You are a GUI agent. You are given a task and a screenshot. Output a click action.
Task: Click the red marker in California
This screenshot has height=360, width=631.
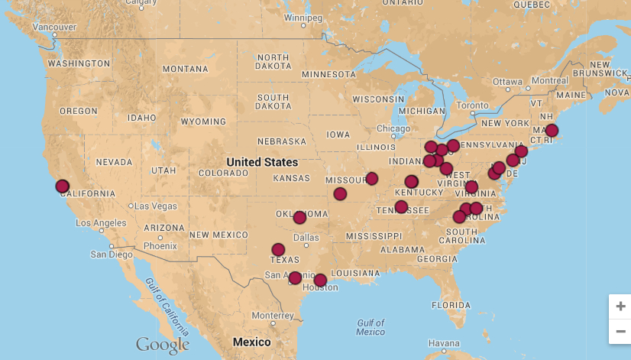pyautogui.click(x=63, y=186)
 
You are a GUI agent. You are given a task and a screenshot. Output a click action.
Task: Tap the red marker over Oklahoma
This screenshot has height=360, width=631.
pyautogui.click(x=299, y=218)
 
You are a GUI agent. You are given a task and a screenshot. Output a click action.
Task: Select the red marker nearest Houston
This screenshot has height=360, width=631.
pyautogui.click(x=320, y=281)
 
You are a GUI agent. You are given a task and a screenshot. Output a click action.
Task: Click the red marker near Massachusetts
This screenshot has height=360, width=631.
pyautogui.click(x=552, y=131)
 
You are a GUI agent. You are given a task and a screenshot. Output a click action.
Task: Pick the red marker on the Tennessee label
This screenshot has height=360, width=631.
pyautogui.click(x=401, y=207)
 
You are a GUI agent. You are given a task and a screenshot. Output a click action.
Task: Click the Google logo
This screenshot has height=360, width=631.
pyautogui.click(x=162, y=345)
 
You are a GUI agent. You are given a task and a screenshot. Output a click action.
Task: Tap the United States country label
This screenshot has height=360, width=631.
pyautogui.click(x=262, y=162)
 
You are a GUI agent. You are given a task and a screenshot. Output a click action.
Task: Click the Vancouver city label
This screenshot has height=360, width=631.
pyautogui.click(x=54, y=27)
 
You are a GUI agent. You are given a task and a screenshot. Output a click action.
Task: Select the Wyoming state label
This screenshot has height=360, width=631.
pyautogui.click(x=202, y=122)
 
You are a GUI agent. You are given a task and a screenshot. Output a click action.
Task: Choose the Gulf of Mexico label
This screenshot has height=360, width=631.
pyautogui.click(x=371, y=327)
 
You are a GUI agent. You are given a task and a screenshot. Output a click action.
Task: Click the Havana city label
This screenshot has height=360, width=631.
pyautogui.click(x=444, y=342)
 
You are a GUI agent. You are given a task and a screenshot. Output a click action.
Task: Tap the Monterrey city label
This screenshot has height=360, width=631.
pyautogui.click(x=273, y=316)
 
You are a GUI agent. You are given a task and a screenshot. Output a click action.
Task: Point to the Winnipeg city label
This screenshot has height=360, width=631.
pyautogui.click(x=303, y=17)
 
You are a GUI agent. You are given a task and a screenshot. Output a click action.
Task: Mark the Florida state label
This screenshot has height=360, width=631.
pyautogui.click(x=450, y=305)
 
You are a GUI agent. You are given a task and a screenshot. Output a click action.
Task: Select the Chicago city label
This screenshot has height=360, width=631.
pyautogui.click(x=393, y=129)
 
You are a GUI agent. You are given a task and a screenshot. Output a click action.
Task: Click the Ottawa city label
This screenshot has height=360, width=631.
pyautogui.click(x=506, y=81)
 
